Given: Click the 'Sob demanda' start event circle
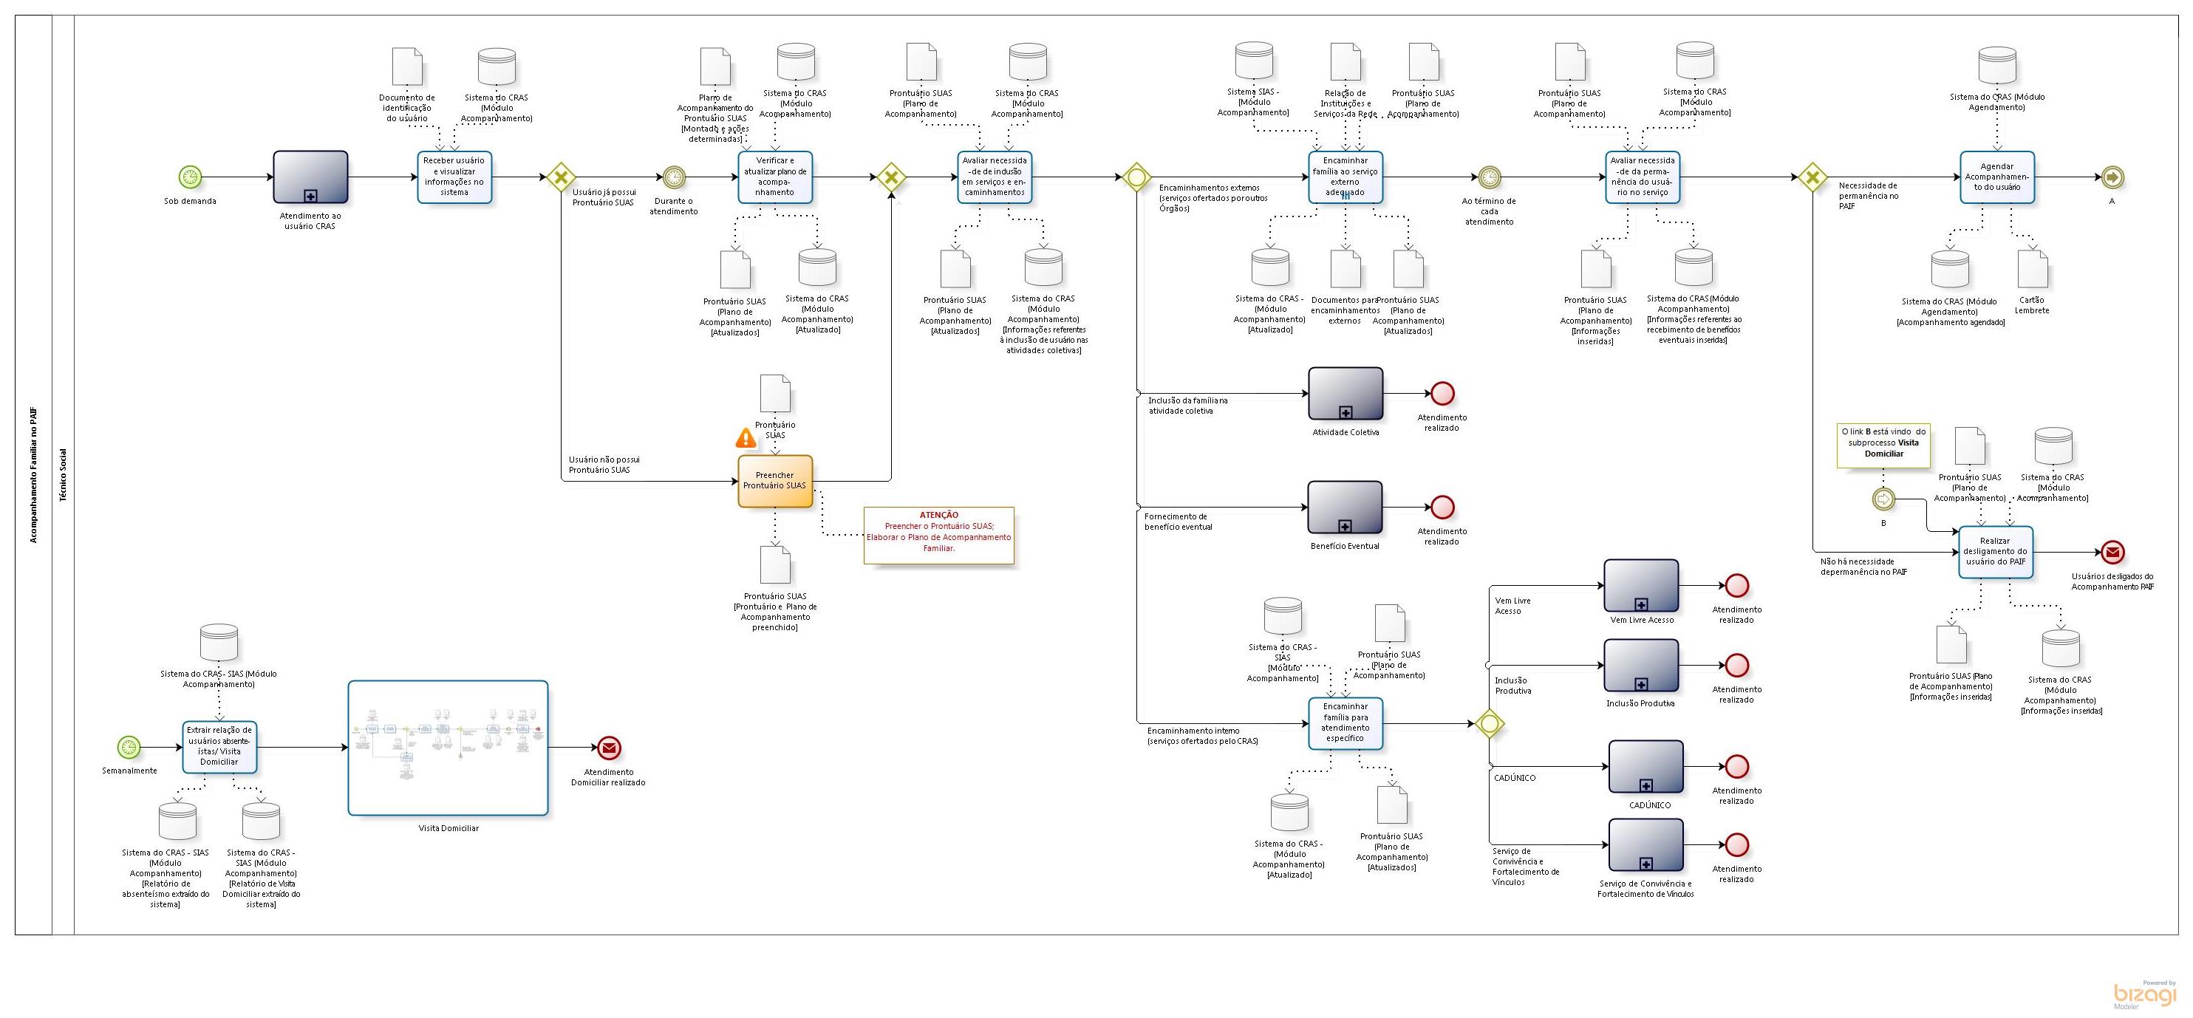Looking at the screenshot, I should pyautogui.click(x=190, y=177).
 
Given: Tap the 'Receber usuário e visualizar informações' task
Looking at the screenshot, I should pyautogui.click(x=454, y=177).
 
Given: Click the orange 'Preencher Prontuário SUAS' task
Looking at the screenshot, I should pyautogui.click(x=774, y=481).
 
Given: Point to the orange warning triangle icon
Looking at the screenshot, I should pyautogui.click(x=746, y=438).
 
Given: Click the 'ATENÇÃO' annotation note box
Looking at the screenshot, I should pyautogui.click(x=938, y=536).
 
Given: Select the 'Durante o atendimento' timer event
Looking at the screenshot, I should pyautogui.click(x=673, y=177).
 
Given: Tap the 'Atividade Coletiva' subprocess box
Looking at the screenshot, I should pyautogui.click(x=1345, y=393).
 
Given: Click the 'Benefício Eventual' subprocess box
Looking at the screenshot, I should pyautogui.click(x=1345, y=508).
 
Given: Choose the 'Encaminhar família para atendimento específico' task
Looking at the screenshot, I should pyautogui.click(x=1345, y=723).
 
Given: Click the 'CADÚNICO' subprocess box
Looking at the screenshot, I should pyautogui.click(x=1645, y=767).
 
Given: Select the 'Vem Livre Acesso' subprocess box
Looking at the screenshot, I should pyautogui.click(x=1640, y=586).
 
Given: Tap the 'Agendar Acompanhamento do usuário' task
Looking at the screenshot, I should pyautogui.click(x=1996, y=177).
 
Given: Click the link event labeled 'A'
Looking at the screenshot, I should pyautogui.click(x=2112, y=177).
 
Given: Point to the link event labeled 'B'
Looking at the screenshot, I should pyautogui.click(x=1883, y=499).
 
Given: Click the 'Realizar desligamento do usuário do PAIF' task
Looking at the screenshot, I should pyautogui.click(x=1995, y=552).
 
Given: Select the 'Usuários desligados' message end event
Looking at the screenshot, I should pyautogui.click(x=2112, y=553).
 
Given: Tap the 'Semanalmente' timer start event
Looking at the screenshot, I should pyautogui.click(x=129, y=748).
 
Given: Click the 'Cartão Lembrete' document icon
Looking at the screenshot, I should pyautogui.click(x=2032, y=269).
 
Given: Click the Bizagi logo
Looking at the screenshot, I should pyautogui.click(x=2143, y=994).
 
